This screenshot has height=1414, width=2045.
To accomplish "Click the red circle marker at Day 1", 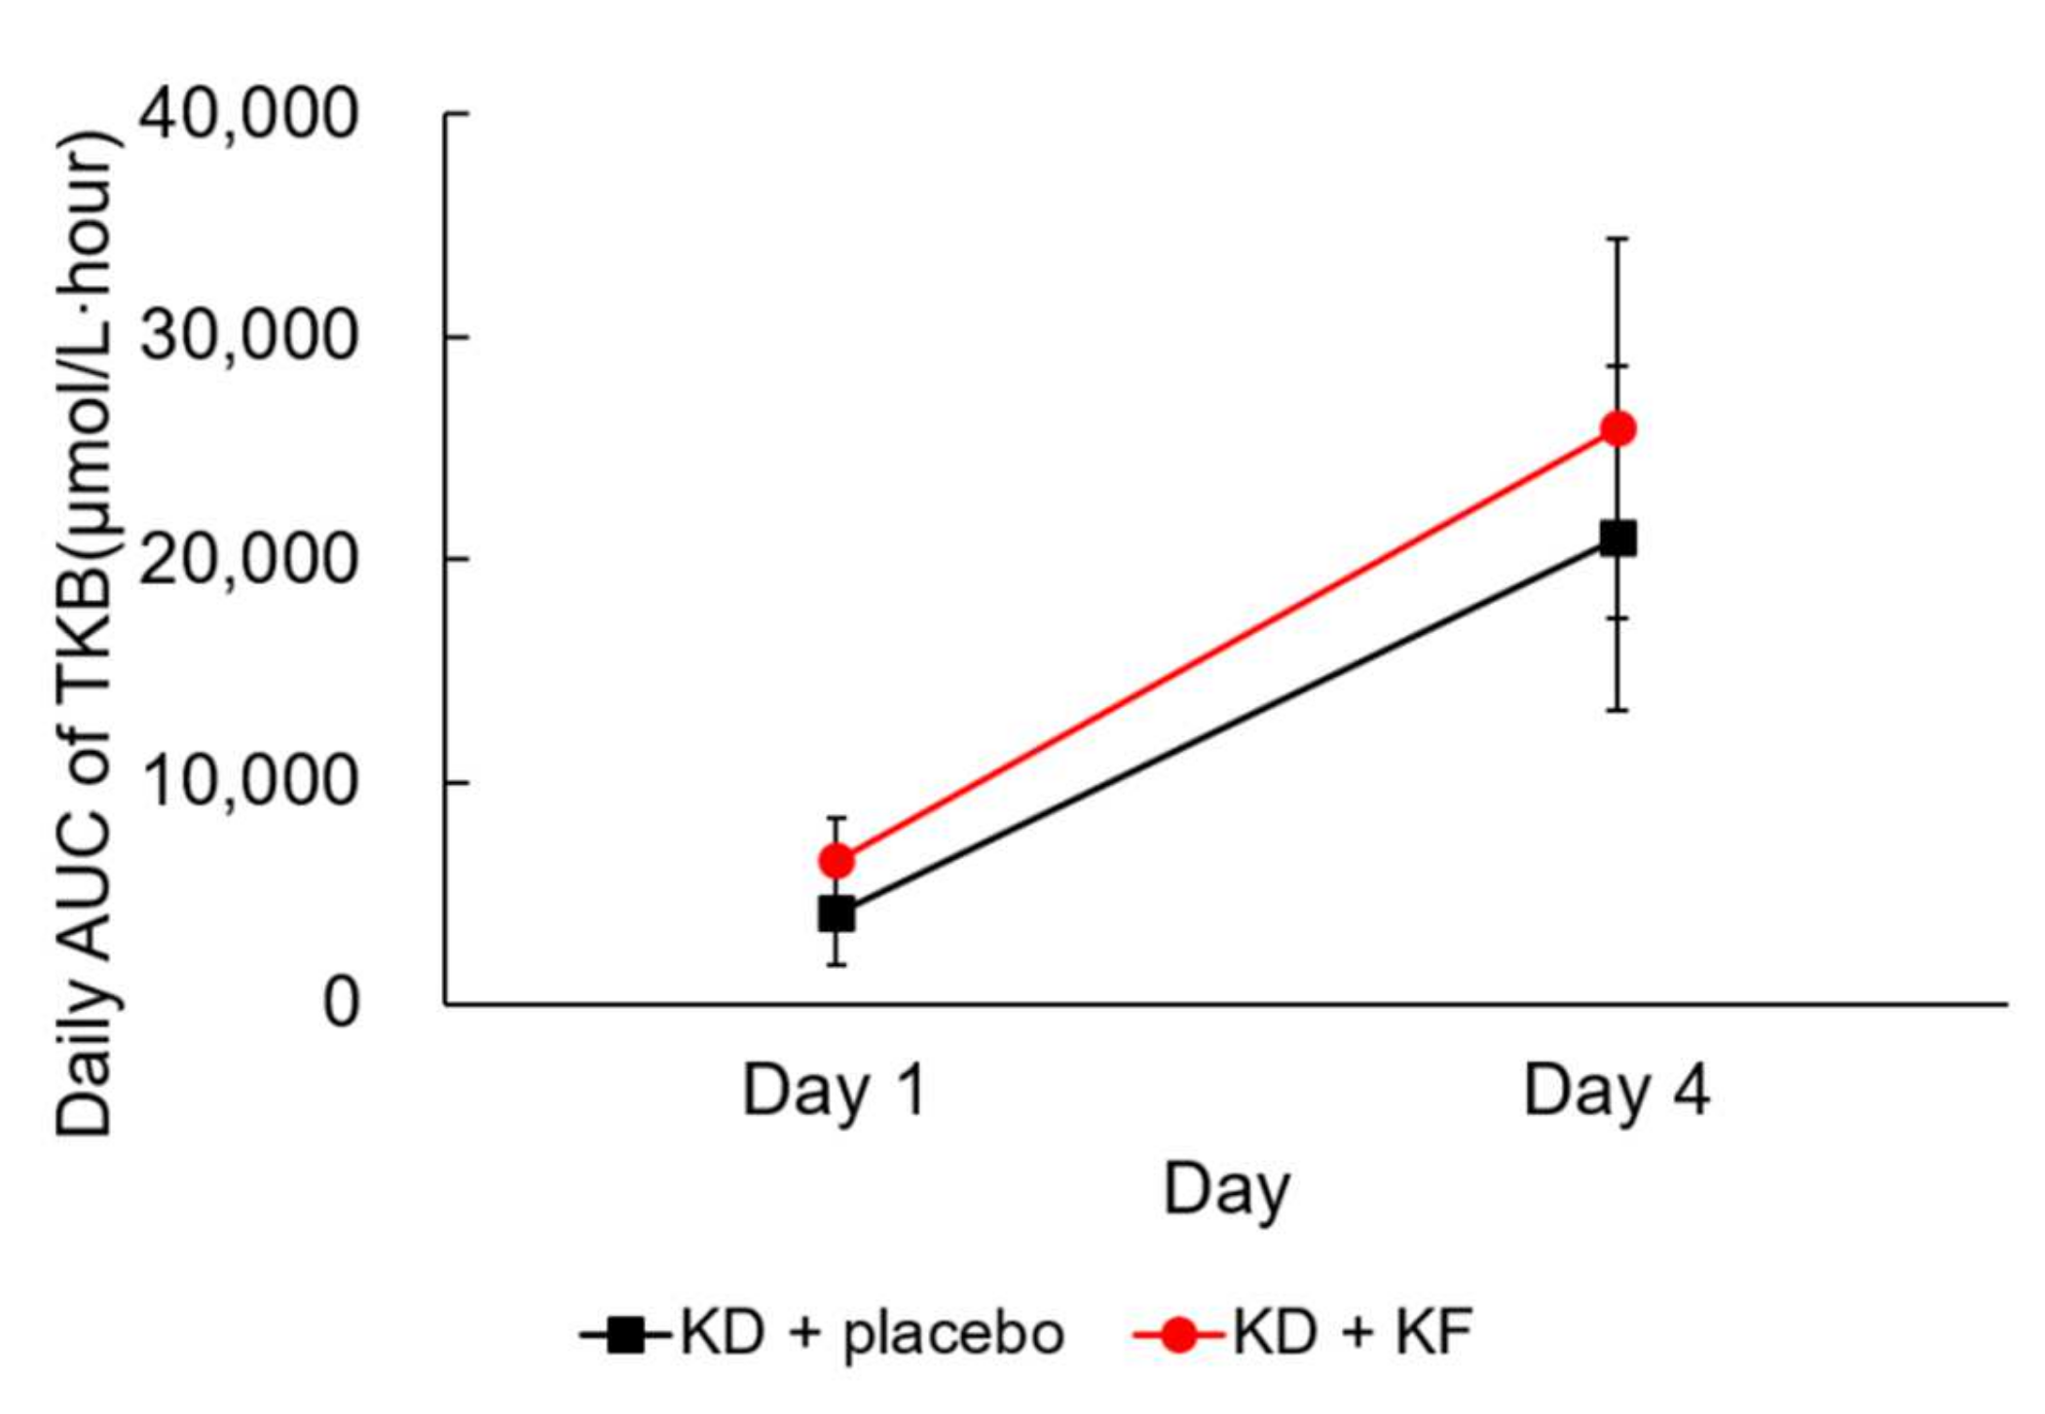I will coord(837,861).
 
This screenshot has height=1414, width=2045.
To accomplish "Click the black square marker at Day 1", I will coord(837,914).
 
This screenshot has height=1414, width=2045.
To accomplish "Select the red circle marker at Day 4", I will coord(1617,428).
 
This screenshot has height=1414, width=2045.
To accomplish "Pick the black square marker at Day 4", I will coord(1617,539).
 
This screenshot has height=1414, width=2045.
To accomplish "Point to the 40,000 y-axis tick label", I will coord(248,115).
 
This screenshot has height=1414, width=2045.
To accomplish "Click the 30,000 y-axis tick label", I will coord(248,337).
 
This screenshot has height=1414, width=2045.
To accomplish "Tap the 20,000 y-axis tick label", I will coord(248,560).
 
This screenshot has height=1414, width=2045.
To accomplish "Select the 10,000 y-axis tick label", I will coord(248,782).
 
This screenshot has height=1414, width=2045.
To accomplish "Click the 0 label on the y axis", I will coord(341,1003).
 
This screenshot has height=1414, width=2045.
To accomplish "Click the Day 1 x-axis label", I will coord(834,1092).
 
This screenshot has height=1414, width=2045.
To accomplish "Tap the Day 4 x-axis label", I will coord(1616,1092).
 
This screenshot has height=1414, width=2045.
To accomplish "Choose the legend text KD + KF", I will coord(1353,1333).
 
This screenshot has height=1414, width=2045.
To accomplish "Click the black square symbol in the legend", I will coord(625,1334).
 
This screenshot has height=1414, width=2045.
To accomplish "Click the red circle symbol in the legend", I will coord(1179,1334).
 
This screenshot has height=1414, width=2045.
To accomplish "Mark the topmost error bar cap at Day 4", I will coord(1617,239).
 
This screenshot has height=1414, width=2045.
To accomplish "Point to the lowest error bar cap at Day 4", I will coord(1617,710).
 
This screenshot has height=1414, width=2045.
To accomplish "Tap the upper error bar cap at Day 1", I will coord(837,818).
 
